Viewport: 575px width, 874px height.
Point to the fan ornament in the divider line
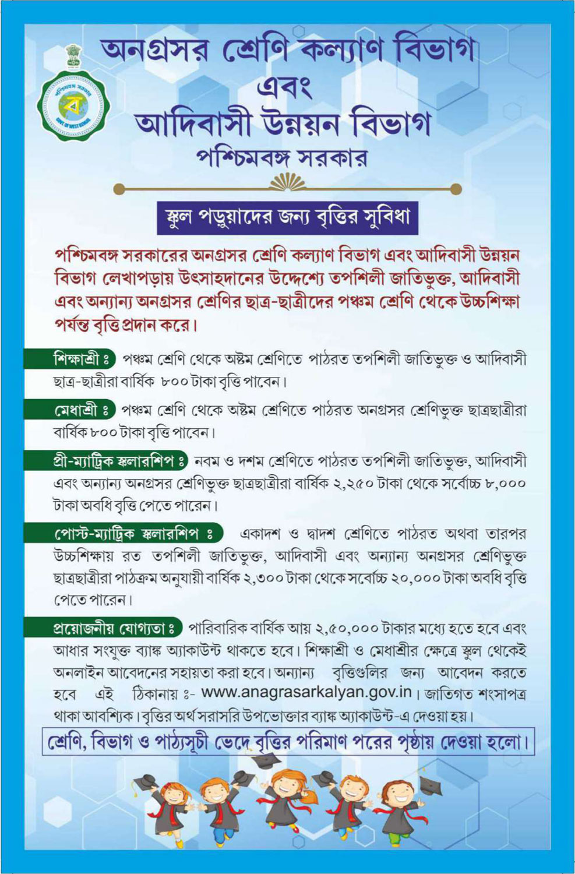(288, 185)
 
